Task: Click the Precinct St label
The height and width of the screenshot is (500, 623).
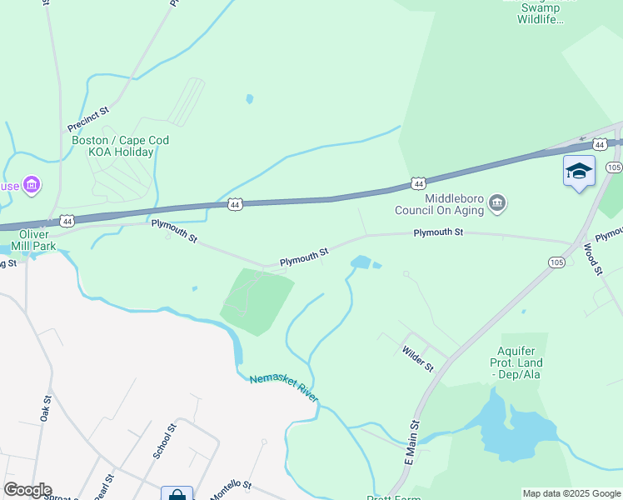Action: click(88, 120)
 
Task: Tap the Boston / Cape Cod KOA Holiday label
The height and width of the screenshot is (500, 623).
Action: click(120, 146)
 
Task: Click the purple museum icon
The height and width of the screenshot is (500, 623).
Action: click(32, 184)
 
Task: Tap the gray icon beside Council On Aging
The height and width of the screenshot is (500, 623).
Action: click(497, 202)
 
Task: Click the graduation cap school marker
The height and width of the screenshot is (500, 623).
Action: click(579, 171)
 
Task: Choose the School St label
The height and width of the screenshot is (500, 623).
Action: click(165, 441)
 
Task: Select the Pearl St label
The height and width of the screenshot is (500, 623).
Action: click(103, 486)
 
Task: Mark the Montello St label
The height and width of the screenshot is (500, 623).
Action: click(229, 490)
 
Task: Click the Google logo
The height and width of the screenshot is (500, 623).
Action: click(27, 490)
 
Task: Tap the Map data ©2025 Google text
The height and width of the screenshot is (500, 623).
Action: click(571, 493)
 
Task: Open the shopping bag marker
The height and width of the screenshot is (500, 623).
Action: click(177, 495)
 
